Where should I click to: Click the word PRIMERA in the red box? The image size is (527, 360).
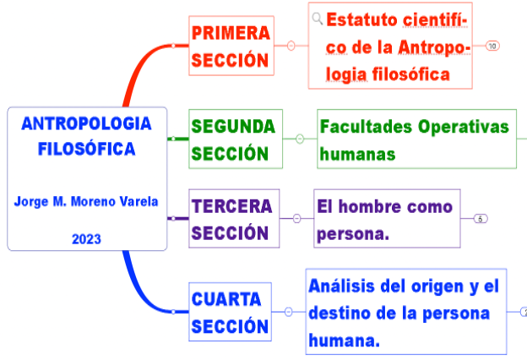pos(230,33)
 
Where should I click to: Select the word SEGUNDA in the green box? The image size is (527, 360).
pos(233,126)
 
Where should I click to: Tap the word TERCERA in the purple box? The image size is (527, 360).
pos(232,206)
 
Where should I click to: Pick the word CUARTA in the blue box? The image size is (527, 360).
pos(226,299)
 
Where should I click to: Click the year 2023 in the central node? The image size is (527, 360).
pos(86,239)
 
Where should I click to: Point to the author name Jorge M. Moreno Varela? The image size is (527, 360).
pos(86,202)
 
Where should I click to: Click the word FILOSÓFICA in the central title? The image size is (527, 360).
pos(86,150)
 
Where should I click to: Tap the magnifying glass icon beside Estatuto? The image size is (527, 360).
pos(318,18)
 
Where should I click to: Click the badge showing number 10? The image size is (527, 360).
pos(492,46)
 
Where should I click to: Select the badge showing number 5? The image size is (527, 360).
pos(481,218)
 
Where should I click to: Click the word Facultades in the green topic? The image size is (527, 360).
pos(364,127)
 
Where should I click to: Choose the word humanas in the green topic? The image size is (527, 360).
pos(357,155)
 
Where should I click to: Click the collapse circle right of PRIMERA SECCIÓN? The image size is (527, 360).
pos(291,46)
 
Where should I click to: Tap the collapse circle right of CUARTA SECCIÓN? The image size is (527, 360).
pos(289,312)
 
